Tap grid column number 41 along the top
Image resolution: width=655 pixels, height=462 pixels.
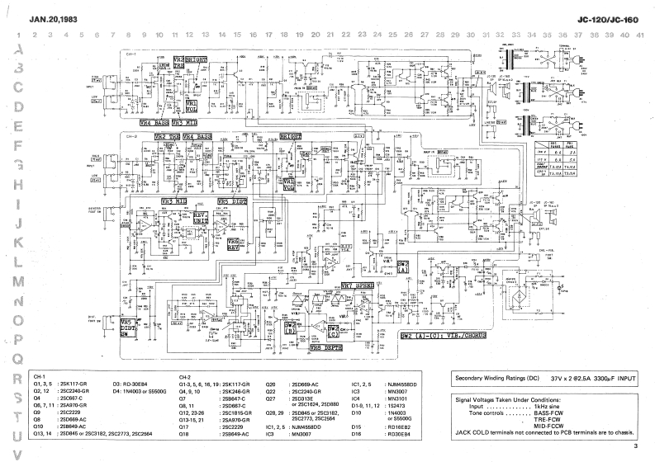(640, 35)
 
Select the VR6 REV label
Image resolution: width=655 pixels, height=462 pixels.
(234, 245)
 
